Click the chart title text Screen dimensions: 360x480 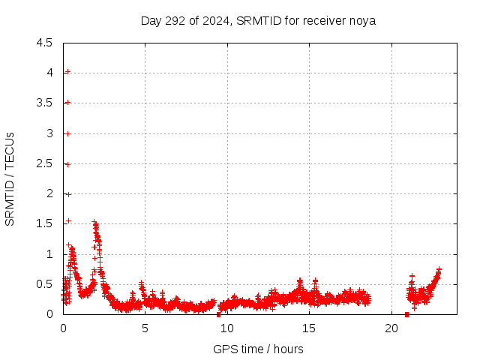click(258, 20)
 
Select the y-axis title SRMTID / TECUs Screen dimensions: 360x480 click(10, 178)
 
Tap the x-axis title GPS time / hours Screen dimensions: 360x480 click(258, 349)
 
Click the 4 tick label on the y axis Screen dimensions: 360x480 click(49, 73)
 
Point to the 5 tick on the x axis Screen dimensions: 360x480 click(145, 328)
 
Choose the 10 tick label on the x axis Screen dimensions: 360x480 click(227, 328)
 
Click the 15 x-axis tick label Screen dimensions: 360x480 click(309, 328)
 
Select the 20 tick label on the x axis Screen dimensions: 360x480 click(391, 328)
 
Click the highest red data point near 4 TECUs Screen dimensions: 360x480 click(67, 72)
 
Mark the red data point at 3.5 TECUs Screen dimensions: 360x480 click(67, 103)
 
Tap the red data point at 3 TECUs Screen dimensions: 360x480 click(67, 133)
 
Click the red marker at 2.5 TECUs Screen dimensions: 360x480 click(67, 164)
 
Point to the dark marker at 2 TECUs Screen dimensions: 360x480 click(67, 194)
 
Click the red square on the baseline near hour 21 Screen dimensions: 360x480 click(406, 314)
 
